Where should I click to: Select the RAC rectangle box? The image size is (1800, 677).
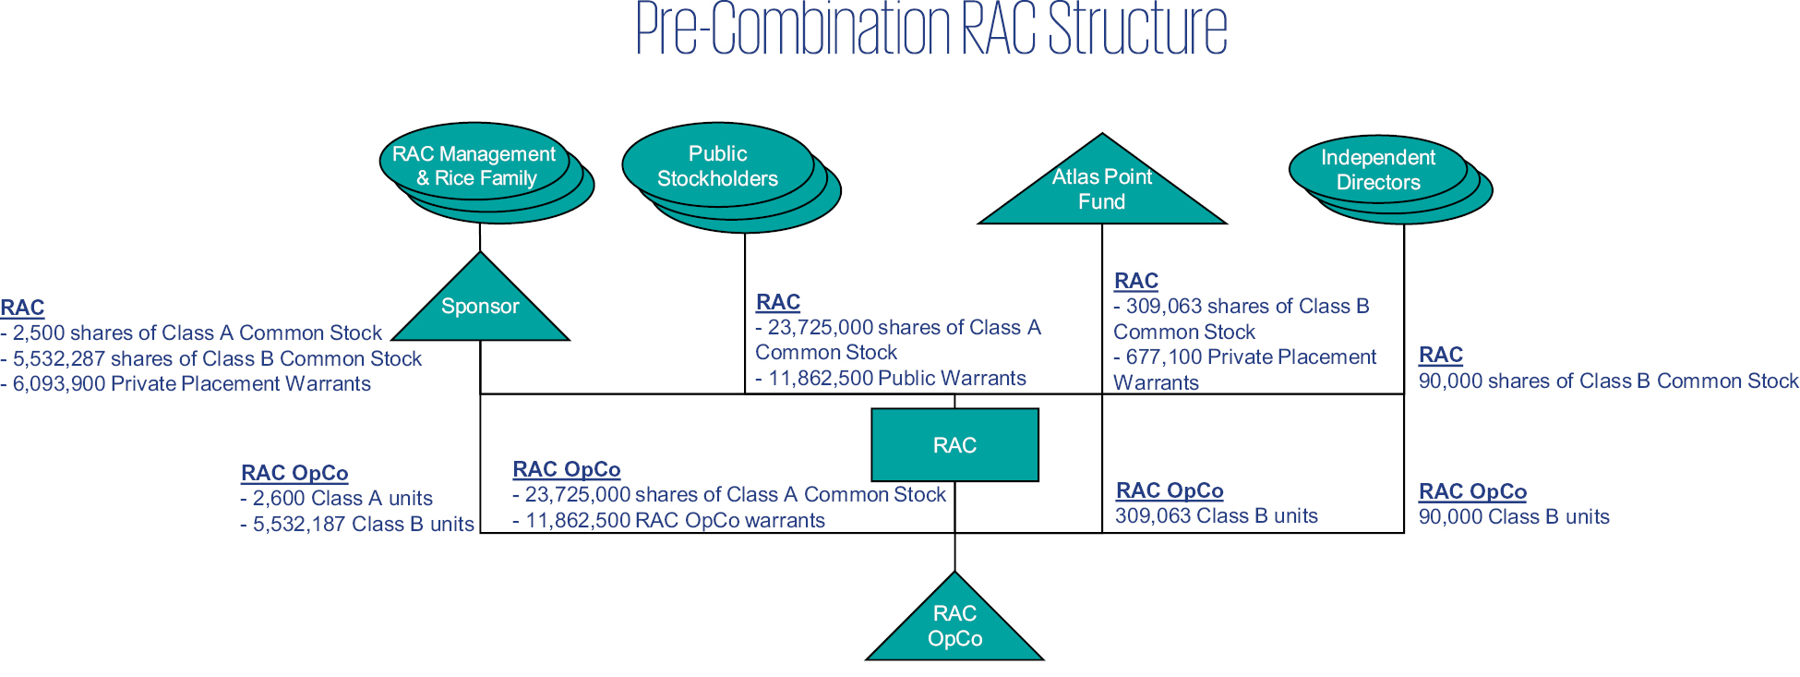point(954,445)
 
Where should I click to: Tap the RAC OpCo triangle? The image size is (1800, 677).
point(954,626)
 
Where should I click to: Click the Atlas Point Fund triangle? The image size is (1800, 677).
point(1101,189)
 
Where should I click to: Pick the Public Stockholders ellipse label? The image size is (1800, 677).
point(717,166)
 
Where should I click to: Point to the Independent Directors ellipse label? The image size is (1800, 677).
point(1377,170)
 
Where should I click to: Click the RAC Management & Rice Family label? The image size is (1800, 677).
point(474,166)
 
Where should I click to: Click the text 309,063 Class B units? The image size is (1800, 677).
point(1216,516)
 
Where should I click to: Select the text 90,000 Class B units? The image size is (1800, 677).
point(1513,517)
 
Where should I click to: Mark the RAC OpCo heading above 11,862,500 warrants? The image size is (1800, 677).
point(566,469)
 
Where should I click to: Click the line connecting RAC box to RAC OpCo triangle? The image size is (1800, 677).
point(954,526)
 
